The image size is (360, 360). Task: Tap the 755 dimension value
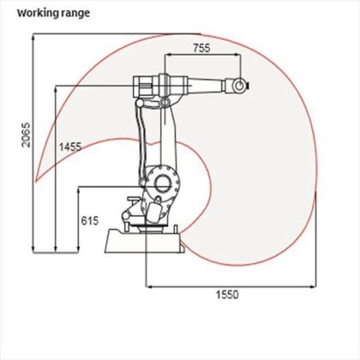(201, 48)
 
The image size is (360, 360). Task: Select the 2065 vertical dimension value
(26, 135)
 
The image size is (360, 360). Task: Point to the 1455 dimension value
(70, 147)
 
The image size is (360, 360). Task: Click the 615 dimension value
(90, 220)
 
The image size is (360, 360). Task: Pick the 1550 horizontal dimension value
(227, 294)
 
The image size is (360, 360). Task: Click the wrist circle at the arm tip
(240, 85)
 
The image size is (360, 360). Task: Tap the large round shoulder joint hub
(163, 184)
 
